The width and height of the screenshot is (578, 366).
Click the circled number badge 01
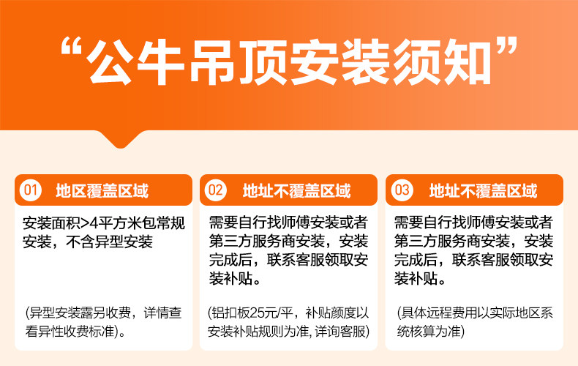pos(30,190)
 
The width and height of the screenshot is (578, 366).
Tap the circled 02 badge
pos(216,190)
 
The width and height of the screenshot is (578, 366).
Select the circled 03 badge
pos(402,190)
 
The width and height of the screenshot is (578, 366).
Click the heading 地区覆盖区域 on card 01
pos(102,191)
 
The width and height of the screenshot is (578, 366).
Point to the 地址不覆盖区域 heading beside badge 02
pos(297,191)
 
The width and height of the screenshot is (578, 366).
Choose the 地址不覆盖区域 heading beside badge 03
pos(484,191)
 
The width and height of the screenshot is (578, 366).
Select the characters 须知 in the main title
pos(442,63)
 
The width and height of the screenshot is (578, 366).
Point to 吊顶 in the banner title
pos(238,63)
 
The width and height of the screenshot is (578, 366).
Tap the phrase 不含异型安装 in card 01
pos(110,242)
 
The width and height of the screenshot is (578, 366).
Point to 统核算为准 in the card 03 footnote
pos(429,332)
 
